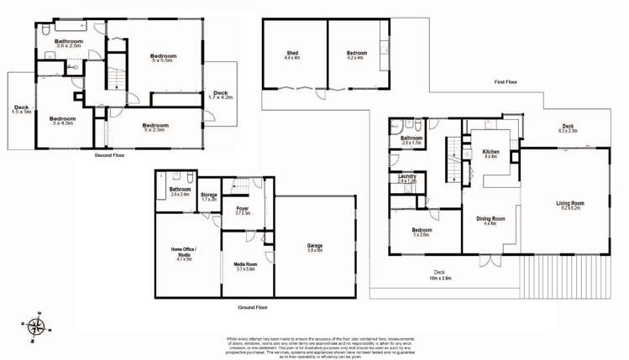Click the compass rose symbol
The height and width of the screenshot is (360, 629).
36,326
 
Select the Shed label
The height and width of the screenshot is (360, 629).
292,55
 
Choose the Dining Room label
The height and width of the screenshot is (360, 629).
488,221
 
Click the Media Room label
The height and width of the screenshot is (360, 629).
245,266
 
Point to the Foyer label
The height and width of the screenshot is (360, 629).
243,210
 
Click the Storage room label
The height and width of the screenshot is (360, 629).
209,196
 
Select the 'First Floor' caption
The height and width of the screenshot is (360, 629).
506,81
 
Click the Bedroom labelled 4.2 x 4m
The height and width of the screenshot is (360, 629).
356,55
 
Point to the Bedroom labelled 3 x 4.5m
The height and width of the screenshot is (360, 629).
63,121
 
